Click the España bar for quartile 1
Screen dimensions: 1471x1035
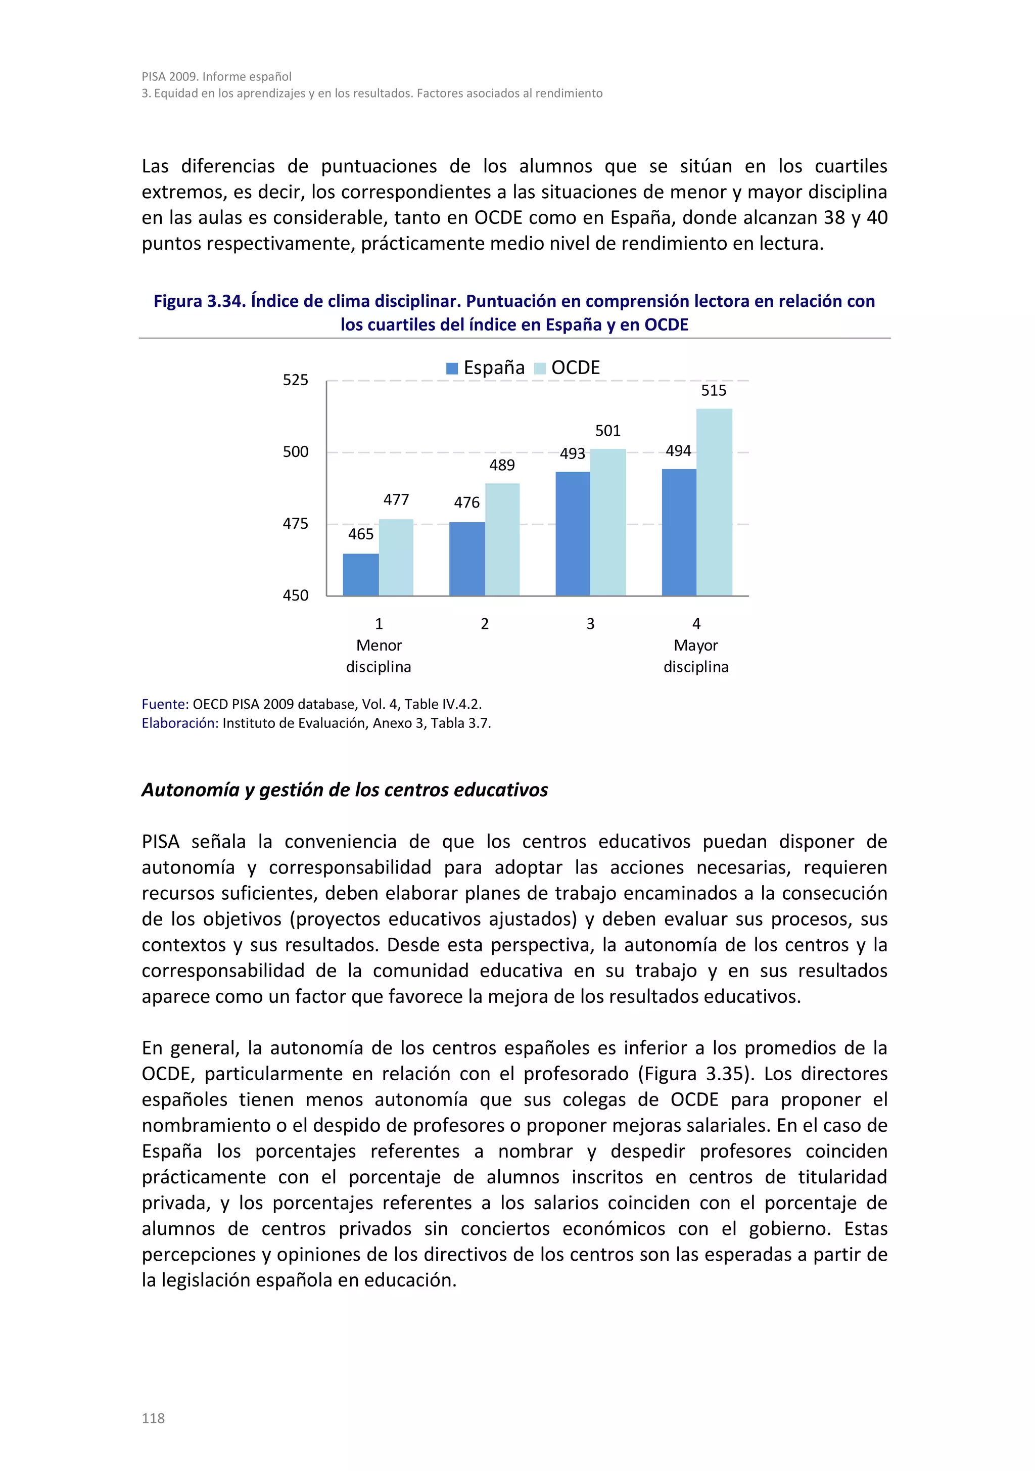tap(361, 575)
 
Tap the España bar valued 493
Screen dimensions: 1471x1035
tap(573, 534)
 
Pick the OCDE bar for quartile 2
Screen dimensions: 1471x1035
tap(502, 539)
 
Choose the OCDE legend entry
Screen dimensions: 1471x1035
tap(568, 368)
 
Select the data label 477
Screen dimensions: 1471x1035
tap(396, 500)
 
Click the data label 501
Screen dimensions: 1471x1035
tap(608, 431)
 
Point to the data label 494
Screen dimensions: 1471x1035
tap(678, 451)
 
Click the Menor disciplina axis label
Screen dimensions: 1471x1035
tap(379, 656)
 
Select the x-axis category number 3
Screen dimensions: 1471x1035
tap(590, 624)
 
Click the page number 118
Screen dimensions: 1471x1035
tap(153, 1418)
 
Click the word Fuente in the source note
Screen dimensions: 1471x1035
tap(164, 704)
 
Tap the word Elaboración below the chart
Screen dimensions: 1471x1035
tap(180, 723)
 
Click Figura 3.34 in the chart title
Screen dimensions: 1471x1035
tap(198, 301)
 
